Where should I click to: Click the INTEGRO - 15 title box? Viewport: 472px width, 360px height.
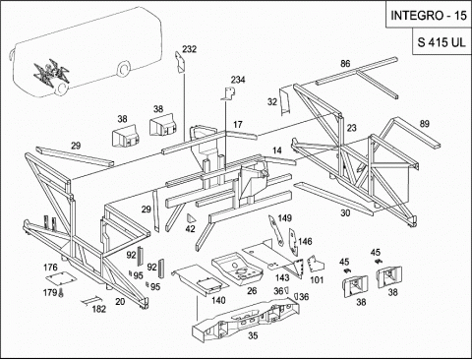coord(429,15)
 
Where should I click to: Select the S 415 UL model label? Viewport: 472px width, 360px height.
coord(442,41)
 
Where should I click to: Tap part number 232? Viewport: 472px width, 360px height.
coord(190,49)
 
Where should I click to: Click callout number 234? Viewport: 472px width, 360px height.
coord(238,80)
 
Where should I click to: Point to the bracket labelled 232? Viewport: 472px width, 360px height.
coord(180,62)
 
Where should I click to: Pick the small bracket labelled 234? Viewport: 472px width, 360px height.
coord(229,93)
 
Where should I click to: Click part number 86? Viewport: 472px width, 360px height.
coord(345,64)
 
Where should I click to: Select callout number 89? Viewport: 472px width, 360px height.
coord(425,124)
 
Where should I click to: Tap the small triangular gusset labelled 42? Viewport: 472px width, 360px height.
coord(191,218)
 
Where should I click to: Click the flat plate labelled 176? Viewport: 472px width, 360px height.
coord(61,278)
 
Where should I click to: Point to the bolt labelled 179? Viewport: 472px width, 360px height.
coord(61,292)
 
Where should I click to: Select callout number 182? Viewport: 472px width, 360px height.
coord(99,309)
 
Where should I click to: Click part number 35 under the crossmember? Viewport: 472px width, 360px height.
coord(253,335)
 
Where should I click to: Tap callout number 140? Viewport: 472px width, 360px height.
coord(218,300)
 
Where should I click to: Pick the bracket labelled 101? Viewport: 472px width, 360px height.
coord(316,264)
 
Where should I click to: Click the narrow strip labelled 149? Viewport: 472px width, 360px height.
coord(276,230)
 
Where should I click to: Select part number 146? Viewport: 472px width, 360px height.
coord(305,242)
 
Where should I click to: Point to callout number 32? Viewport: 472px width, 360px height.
coord(272,102)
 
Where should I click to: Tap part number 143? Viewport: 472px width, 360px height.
coord(282,277)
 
